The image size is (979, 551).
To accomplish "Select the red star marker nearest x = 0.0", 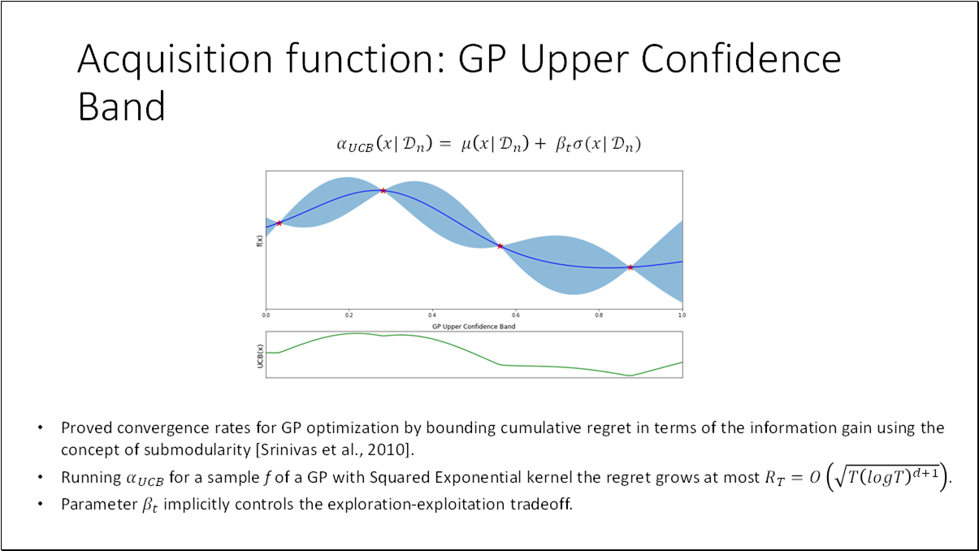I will pyautogui.click(x=279, y=223).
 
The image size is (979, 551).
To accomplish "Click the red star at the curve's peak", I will pyautogui.click(x=383, y=190).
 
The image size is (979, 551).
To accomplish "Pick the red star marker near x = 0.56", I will pyautogui.click(x=500, y=245).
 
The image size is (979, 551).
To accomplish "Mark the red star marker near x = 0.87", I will pyautogui.click(x=630, y=267).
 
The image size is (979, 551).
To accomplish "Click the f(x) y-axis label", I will pyautogui.click(x=258, y=241).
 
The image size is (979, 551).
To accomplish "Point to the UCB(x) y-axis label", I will pyautogui.click(x=259, y=355).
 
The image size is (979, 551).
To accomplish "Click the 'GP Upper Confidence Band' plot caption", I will pyautogui.click(x=474, y=326).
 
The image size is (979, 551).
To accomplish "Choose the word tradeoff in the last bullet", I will pyautogui.click(x=541, y=504).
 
